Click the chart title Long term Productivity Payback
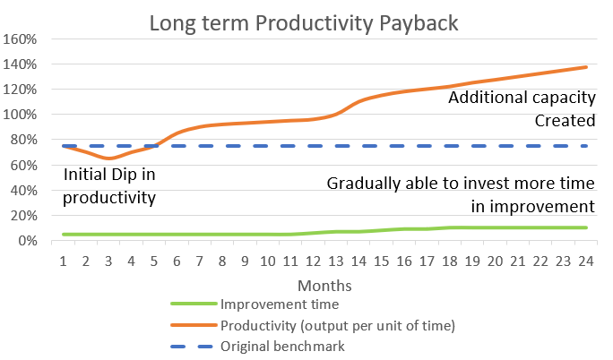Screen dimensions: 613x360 304,23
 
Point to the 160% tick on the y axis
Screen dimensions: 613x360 20,39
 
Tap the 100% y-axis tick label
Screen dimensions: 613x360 20,115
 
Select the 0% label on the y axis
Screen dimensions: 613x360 28,241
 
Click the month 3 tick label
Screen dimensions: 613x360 108,261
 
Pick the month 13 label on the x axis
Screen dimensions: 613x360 336,261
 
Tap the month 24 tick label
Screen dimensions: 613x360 586,261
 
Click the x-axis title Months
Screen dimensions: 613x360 324,286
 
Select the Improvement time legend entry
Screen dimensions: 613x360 255,304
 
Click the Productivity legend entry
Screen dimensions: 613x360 313,325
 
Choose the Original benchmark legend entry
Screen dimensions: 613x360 258,347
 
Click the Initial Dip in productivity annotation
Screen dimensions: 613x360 109,186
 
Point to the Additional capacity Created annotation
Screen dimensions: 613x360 522,108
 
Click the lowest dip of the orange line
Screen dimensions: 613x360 108,159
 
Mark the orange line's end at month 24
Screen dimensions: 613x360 586,67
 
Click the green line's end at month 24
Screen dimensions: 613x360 586,227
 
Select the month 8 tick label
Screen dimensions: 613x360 222,261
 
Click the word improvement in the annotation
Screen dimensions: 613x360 542,207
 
